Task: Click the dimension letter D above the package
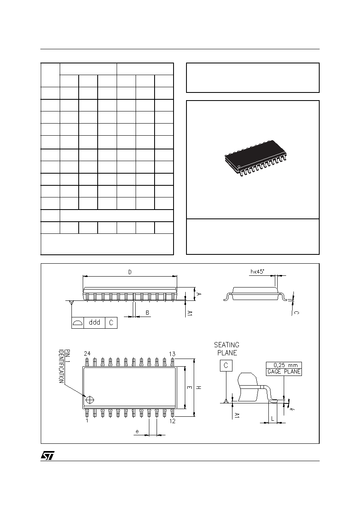coord(130,272)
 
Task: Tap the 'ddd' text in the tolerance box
coord(94,322)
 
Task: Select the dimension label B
coord(147,313)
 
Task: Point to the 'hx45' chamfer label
coord(257,272)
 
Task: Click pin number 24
coord(87,353)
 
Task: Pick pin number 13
coord(172,354)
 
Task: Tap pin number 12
coord(172,421)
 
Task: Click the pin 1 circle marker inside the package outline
coord(90,400)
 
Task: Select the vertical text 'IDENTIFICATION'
coord(61,366)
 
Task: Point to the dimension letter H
coord(199,388)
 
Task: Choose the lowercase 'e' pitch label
coord(137,431)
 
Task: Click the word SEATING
coord(226,345)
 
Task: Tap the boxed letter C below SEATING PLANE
coord(226,365)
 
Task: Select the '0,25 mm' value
coord(286,365)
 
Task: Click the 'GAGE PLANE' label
coord(284,371)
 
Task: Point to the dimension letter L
coord(272,418)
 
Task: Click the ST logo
coord(48,455)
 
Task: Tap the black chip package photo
coord(255,158)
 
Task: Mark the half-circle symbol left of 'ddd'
coord(77,323)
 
